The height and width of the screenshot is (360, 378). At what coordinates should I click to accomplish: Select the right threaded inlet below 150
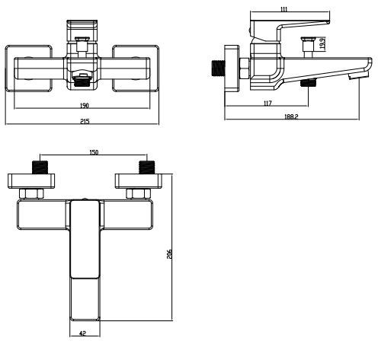[144, 167]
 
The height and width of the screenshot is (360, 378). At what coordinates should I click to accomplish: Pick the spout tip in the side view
[353, 77]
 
